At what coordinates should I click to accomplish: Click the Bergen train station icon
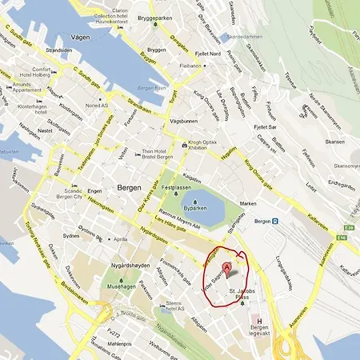[x=275, y=221]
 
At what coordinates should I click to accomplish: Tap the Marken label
[x=250, y=204]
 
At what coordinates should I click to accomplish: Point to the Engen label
[x=95, y=191]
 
